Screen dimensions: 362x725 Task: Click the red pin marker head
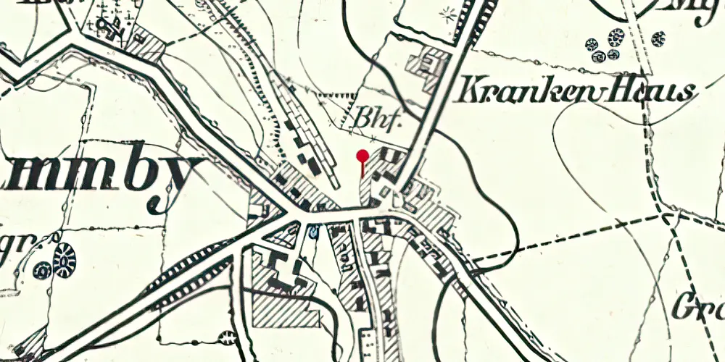362,154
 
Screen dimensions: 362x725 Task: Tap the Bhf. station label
378,118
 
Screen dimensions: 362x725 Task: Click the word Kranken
518,92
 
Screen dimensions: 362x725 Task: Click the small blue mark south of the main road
313,232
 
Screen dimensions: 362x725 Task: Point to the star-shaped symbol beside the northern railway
447,13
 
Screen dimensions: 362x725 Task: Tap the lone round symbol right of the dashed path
658,38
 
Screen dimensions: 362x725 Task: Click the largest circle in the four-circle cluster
616,35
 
